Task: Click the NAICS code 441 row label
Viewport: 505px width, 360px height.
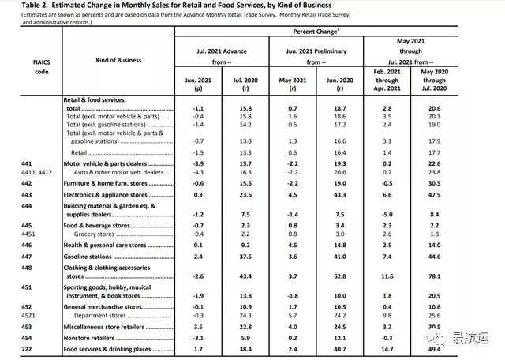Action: coord(27,160)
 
